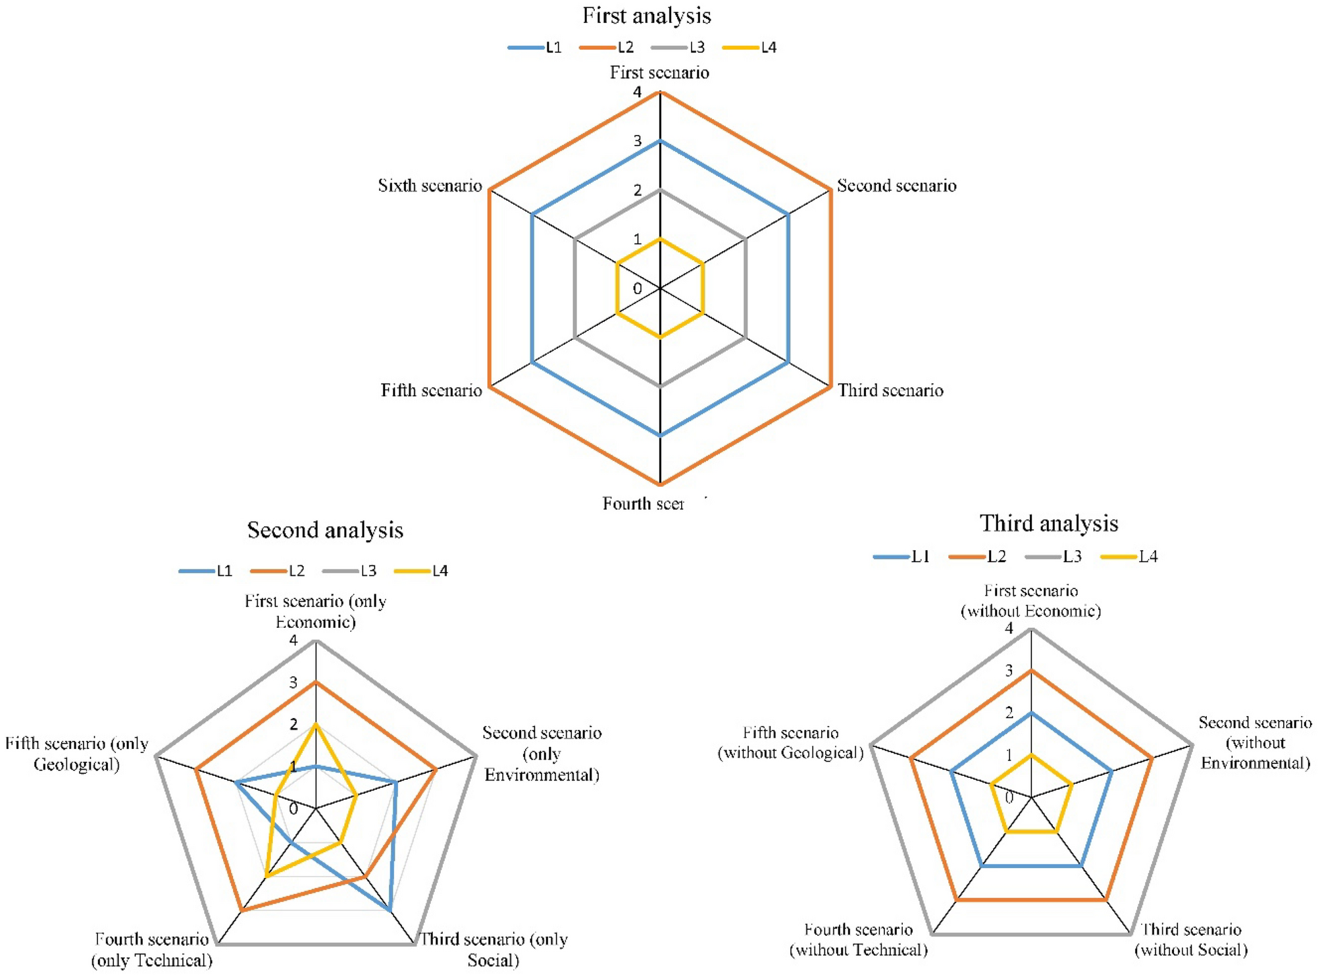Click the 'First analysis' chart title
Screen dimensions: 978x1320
(646, 16)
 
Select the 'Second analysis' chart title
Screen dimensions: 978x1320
(325, 530)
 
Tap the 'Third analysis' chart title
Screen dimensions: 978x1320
(1048, 523)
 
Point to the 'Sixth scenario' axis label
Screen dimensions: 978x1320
(430, 186)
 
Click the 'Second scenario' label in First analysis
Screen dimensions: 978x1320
(896, 186)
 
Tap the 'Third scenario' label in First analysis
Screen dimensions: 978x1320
(890, 390)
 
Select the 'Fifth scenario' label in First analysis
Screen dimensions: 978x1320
(431, 390)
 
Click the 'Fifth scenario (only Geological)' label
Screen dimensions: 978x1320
(76, 754)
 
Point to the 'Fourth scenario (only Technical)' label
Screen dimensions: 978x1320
(152, 949)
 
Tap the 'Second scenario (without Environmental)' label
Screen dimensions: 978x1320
(1255, 742)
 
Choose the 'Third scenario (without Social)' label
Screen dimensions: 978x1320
(1190, 939)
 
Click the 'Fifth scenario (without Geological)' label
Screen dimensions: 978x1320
(790, 742)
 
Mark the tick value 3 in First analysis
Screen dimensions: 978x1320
(637, 141)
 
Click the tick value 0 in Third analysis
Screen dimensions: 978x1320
(1009, 798)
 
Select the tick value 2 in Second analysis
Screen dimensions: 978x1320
(293, 724)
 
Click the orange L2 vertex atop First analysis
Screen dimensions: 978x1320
(660, 93)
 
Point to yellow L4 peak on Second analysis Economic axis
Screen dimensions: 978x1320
(316, 724)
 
